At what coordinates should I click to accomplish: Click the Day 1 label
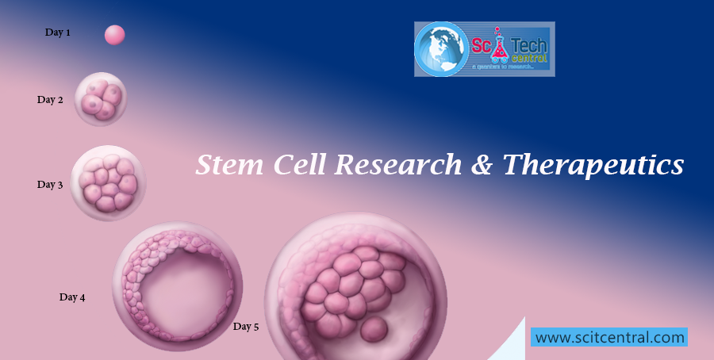click(x=57, y=33)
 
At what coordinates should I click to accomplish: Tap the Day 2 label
click(x=50, y=100)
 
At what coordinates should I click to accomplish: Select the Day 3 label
click(x=50, y=185)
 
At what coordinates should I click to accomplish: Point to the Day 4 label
click(x=72, y=297)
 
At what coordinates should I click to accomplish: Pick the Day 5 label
click(x=246, y=326)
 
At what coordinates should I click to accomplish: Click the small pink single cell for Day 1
click(x=115, y=35)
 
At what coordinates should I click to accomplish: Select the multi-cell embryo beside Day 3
click(x=109, y=182)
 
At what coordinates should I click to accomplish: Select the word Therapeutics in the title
click(x=593, y=165)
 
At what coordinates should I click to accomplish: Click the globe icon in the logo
click(x=443, y=48)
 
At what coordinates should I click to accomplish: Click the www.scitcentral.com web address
click(x=609, y=337)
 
